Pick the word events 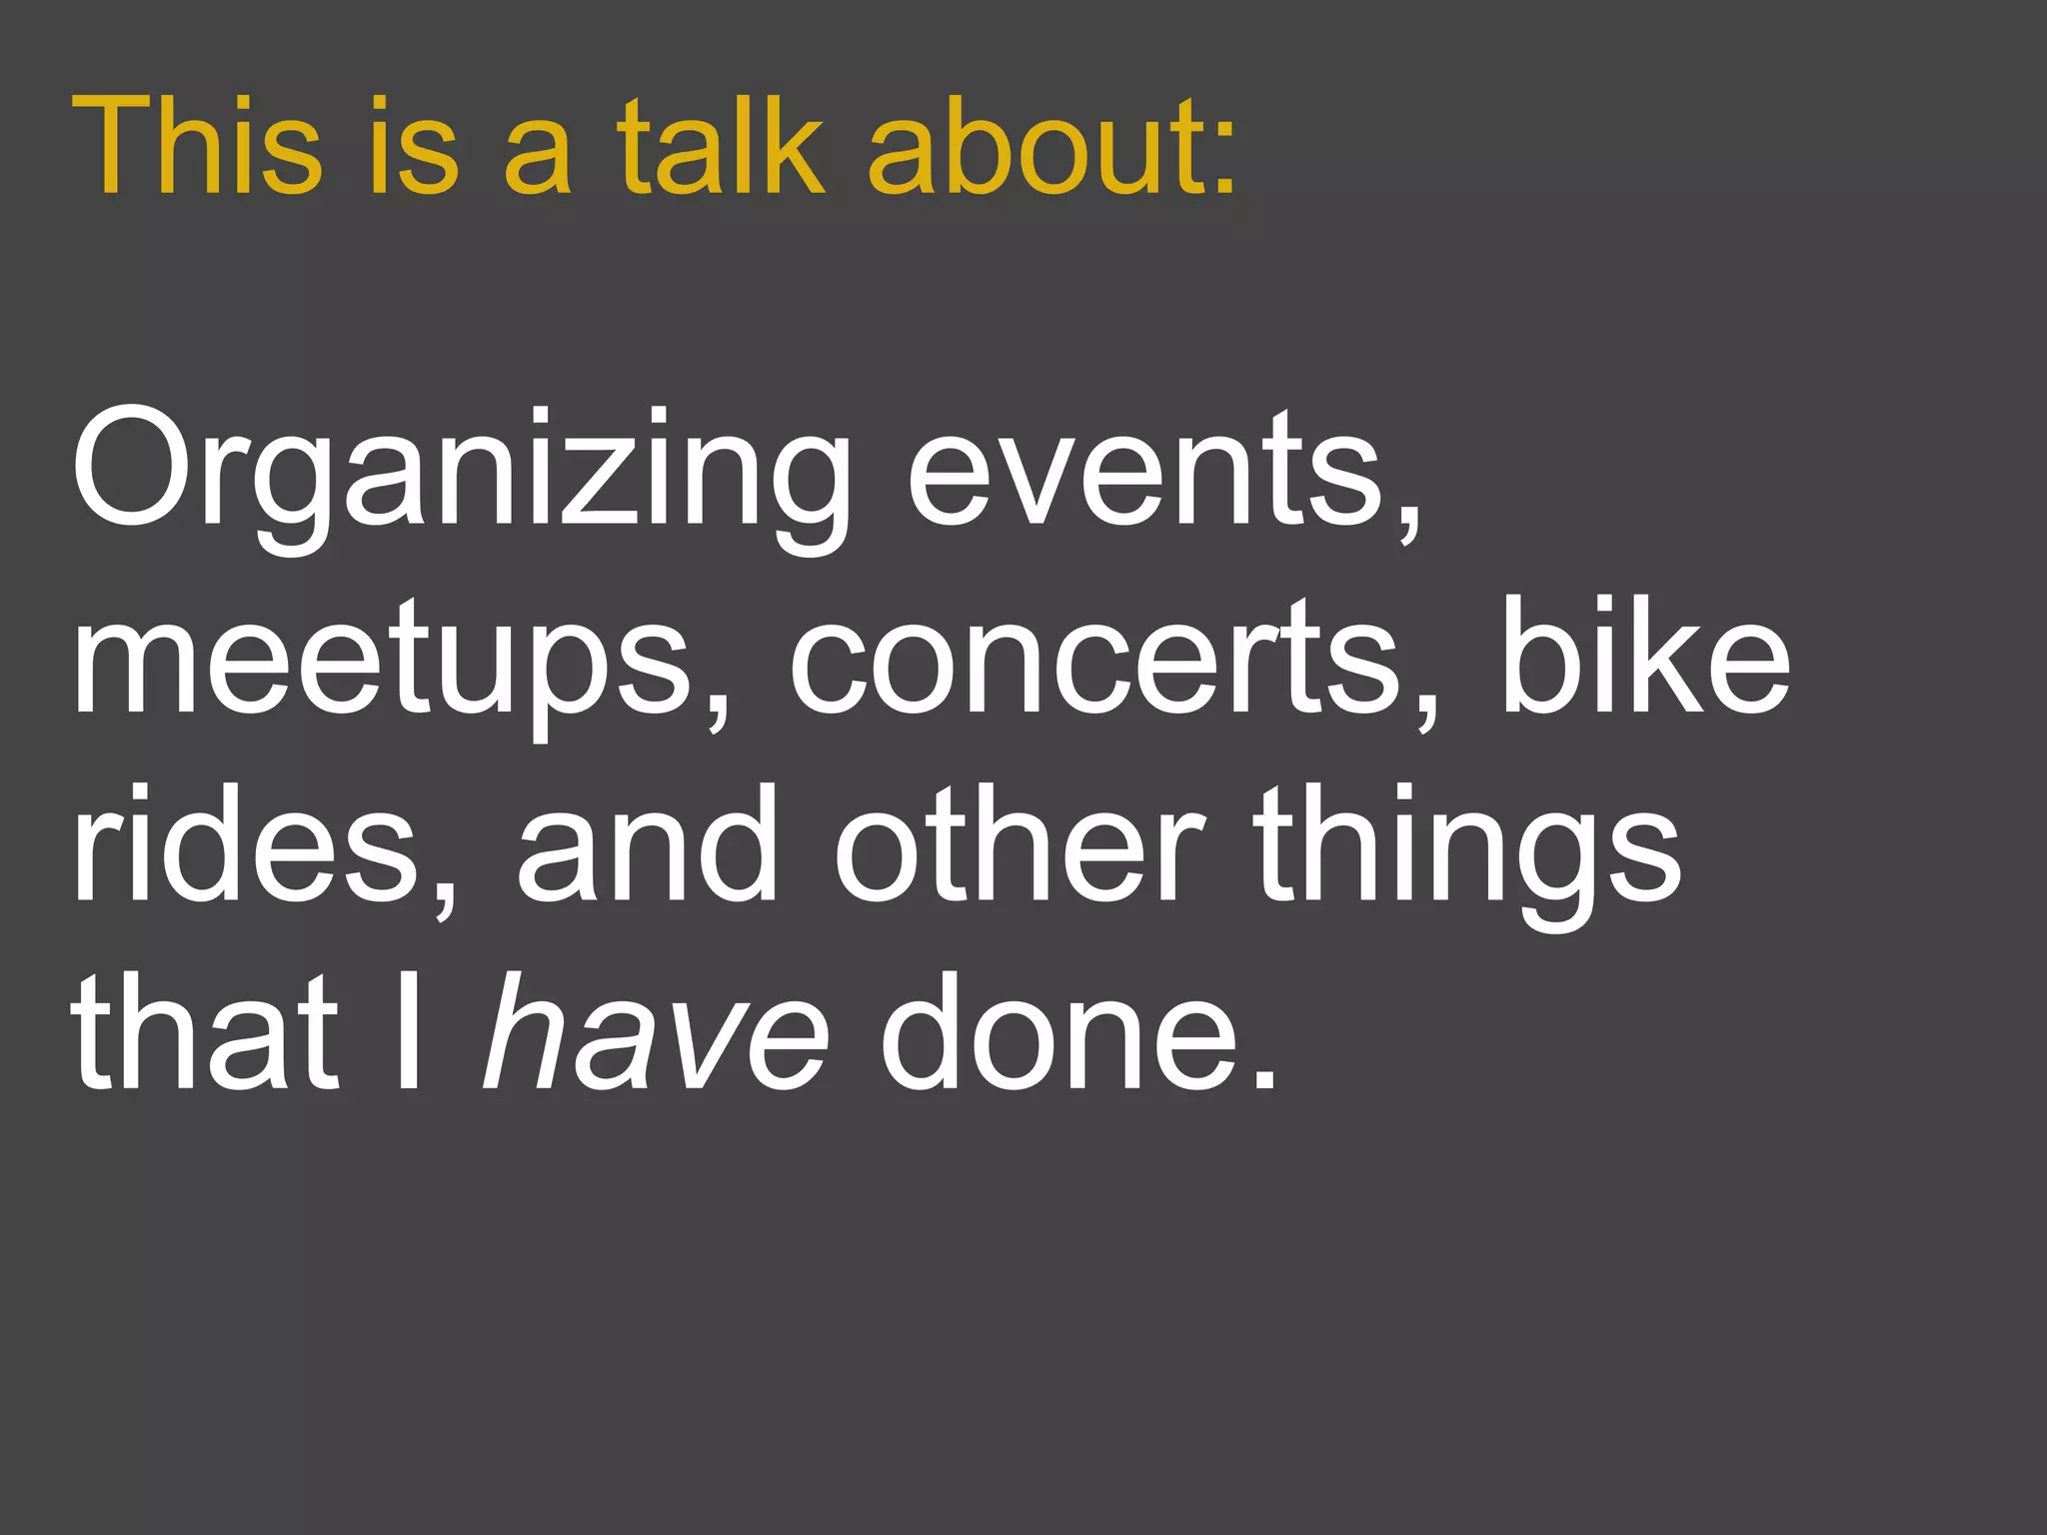[1144, 470]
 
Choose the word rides [246, 844]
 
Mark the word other [1021, 844]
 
